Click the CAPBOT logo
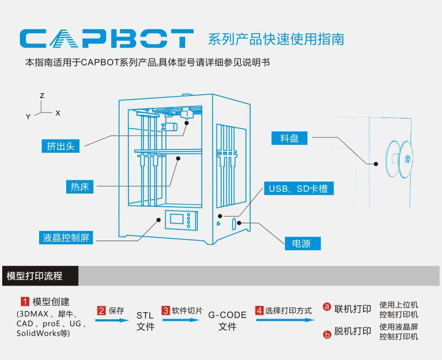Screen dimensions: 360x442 [106, 39]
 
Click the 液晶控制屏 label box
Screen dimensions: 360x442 [66, 238]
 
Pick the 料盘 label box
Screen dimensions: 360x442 [289, 138]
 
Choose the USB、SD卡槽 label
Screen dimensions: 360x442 [298, 189]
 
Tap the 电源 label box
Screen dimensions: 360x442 [302, 243]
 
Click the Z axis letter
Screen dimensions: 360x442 [42, 95]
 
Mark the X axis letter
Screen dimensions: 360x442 [58, 112]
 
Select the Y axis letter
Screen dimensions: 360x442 [28, 116]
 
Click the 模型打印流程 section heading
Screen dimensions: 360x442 [34, 276]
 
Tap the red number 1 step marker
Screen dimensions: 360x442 [25, 302]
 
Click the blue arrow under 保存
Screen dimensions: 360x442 [112, 320]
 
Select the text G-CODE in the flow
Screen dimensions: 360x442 [227, 315]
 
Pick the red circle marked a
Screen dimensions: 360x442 [326, 307]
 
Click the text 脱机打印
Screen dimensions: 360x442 [352, 331]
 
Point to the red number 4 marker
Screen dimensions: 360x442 [259, 310]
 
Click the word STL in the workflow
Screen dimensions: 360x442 [145, 315]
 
